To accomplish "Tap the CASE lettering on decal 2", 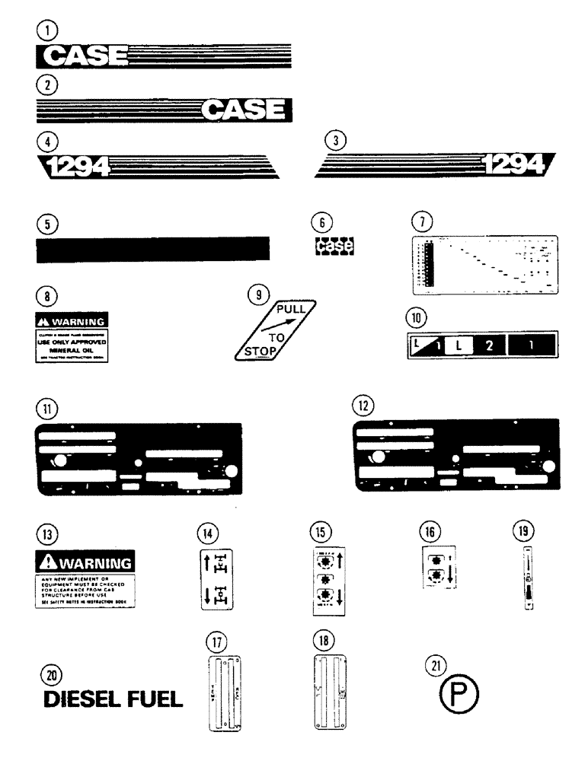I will (x=245, y=111).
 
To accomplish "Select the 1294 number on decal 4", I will (x=73, y=164).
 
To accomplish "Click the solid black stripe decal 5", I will (x=152, y=249).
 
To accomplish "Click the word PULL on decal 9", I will (x=291, y=310).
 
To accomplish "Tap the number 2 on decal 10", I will (x=490, y=345).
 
